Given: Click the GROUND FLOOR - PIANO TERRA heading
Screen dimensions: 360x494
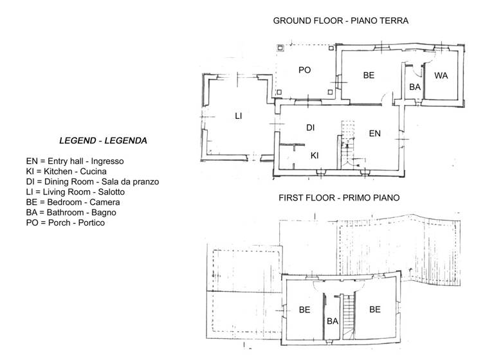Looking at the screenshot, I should click(340, 21).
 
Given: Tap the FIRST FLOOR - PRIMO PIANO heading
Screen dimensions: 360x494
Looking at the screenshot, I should click(339, 198).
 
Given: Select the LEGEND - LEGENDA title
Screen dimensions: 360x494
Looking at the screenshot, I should click(102, 140).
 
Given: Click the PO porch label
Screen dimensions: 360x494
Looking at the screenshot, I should click(304, 70).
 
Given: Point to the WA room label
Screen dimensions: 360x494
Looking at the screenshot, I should click(441, 75).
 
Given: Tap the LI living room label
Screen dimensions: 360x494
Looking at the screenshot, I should click(238, 116).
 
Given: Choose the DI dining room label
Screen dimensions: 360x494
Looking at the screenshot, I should click(310, 128).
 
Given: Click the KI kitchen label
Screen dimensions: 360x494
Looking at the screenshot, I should click(315, 155).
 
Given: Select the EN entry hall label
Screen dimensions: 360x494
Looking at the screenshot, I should click(374, 134).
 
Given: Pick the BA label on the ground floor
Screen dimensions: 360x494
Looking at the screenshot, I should click(415, 86).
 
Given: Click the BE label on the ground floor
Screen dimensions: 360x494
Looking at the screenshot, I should click(369, 75).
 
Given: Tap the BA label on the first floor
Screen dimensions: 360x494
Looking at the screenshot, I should click(333, 321).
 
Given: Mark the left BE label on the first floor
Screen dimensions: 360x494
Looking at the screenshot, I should click(305, 309).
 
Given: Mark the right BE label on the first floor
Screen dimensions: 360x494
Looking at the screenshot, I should click(375, 309).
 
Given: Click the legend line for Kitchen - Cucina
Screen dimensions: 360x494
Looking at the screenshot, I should click(62, 172).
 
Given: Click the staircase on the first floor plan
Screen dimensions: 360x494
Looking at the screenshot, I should click(350, 315).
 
